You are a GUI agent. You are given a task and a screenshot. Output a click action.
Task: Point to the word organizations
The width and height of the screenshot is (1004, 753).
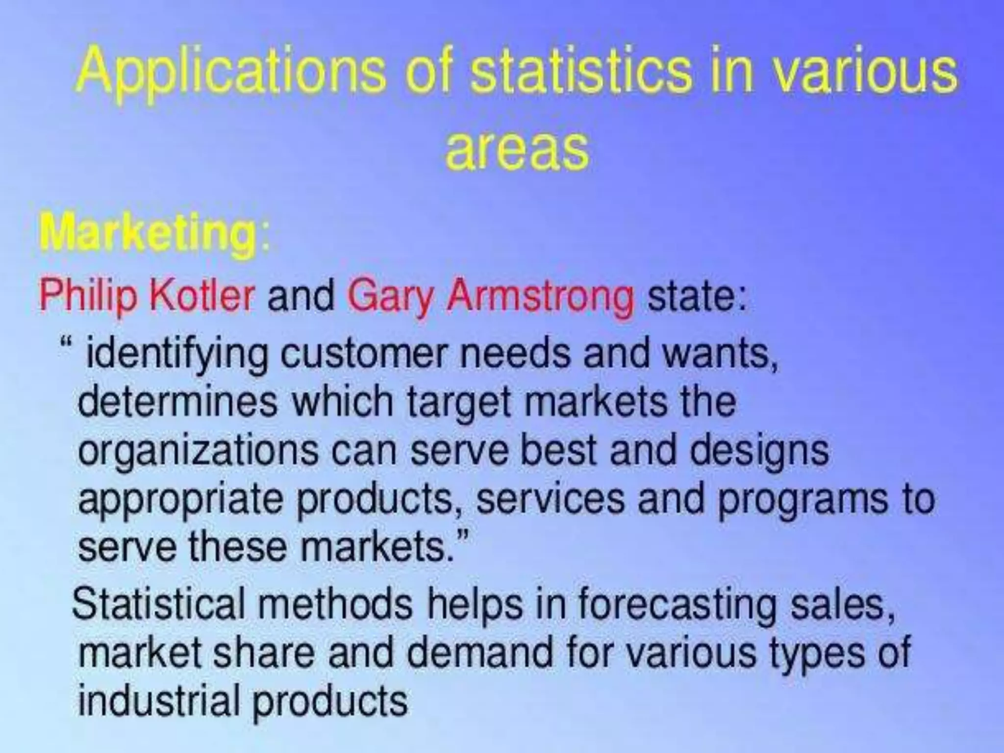tap(198, 451)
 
